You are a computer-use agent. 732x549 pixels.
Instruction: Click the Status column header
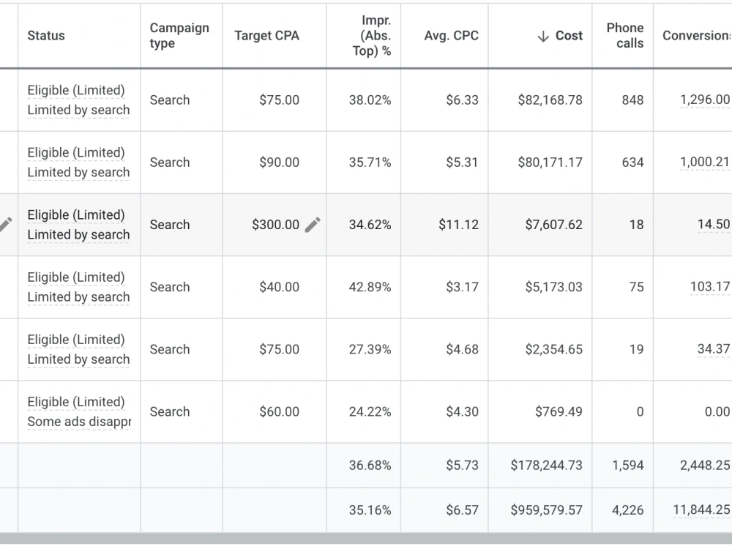point(46,35)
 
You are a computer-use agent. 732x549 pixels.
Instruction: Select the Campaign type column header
point(179,35)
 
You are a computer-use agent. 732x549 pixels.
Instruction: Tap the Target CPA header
point(266,35)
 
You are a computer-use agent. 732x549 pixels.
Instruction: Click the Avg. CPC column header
point(452,35)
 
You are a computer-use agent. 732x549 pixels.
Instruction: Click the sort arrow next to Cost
point(543,36)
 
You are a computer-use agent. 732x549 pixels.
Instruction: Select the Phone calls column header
point(625,35)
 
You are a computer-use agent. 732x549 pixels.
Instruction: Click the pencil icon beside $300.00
point(313,225)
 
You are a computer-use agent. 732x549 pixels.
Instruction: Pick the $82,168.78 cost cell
point(550,100)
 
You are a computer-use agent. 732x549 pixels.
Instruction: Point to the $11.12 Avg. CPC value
point(458,225)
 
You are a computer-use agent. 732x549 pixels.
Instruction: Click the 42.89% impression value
point(370,287)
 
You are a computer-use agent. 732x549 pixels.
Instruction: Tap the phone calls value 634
point(632,162)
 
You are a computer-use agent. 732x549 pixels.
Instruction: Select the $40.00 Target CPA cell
point(279,287)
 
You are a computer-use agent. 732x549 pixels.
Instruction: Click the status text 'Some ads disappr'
point(79,422)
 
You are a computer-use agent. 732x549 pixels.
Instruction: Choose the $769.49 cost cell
point(559,411)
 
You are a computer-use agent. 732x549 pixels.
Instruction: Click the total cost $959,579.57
point(546,509)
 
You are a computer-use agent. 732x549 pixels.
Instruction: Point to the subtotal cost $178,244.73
point(546,465)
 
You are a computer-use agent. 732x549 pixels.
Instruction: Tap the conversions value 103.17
point(710,286)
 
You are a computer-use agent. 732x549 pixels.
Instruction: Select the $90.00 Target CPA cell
point(279,162)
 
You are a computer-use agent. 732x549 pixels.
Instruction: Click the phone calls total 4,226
point(628,509)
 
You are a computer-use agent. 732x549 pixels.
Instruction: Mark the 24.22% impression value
point(370,411)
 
